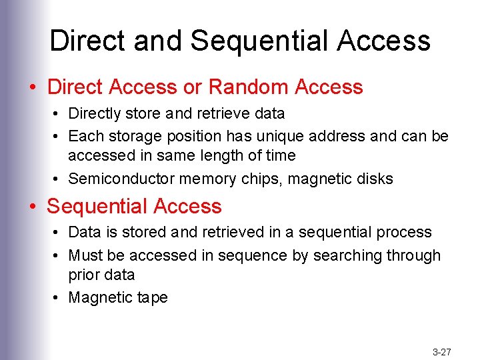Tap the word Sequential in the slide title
260,41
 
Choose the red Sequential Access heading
134,207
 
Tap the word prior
83,275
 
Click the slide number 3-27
442,351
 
